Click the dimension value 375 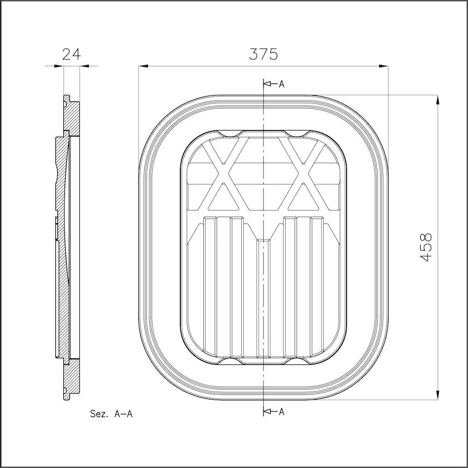pos(263,54)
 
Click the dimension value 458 pos(425,247)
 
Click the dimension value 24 pos(71,54)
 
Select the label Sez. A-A pos(111,414)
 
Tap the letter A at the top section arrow pos(281,84)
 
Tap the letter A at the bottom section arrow pos(281,412)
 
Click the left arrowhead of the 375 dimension pos(143,66)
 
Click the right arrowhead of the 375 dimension pos(383,66)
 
